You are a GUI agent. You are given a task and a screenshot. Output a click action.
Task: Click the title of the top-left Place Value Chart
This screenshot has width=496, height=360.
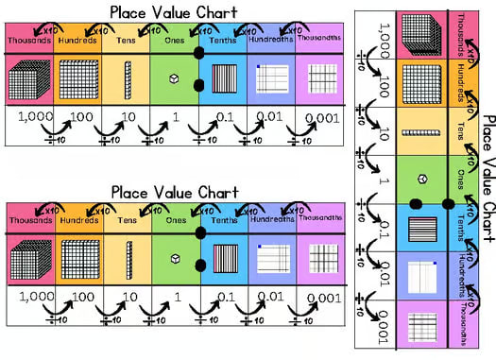(x=174, y=12)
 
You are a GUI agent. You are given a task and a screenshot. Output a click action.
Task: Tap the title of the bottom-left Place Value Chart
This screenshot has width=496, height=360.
(x=174, y=192)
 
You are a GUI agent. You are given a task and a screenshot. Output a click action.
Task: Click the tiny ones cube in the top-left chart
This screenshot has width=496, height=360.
(x=175, y=78)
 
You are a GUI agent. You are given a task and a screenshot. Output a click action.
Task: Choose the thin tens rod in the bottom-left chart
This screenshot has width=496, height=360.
(x=128, y=257)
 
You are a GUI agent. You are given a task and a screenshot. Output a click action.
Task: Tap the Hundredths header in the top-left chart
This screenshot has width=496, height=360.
(x=271, y=41)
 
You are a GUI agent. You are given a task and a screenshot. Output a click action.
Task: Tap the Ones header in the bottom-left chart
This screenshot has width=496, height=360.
(x=175, y=221)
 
